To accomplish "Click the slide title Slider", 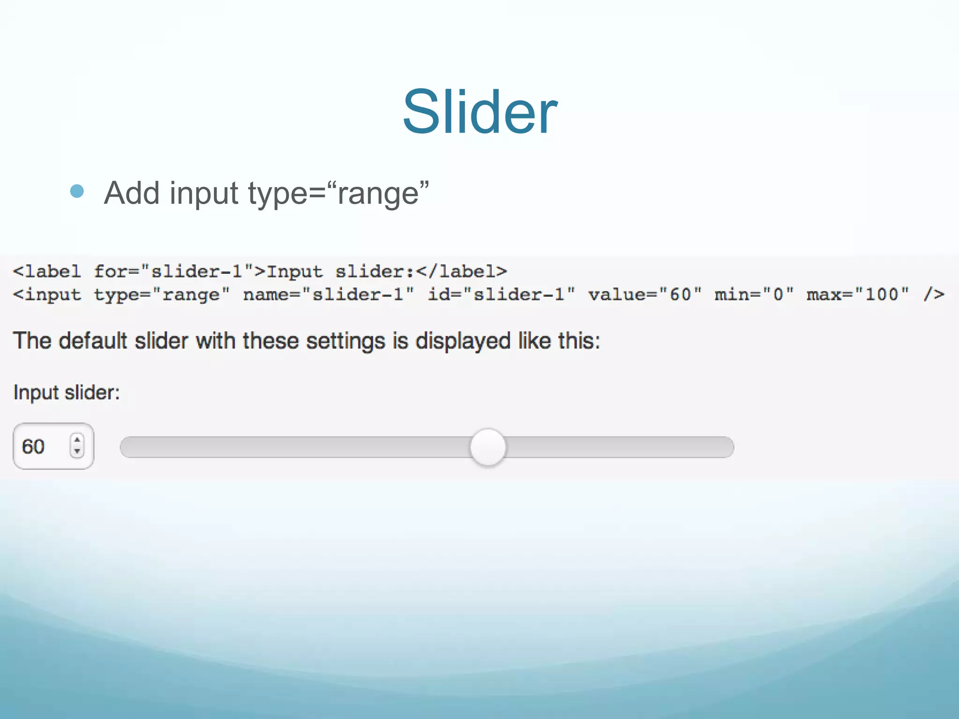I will pos(480,112).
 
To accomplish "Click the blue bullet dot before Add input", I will pos(77,191).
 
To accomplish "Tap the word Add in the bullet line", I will pos(132,193).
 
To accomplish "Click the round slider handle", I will pos(488,447).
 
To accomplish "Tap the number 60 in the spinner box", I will pos(33,447).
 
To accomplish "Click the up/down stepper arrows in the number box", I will pos(77,445).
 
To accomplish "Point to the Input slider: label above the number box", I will pos(66,392).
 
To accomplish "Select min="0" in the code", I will pos(754,294).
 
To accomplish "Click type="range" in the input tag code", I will pos(162,294).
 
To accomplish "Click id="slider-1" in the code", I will pos(502,294).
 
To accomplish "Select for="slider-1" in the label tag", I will pos(173,271).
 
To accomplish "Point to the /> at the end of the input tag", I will pos(934,294).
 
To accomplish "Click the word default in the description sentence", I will pos(93,340).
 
